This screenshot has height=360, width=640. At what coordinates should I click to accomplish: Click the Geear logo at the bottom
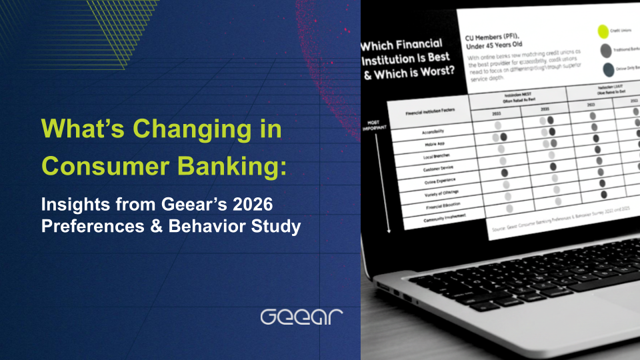pos(301,316)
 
